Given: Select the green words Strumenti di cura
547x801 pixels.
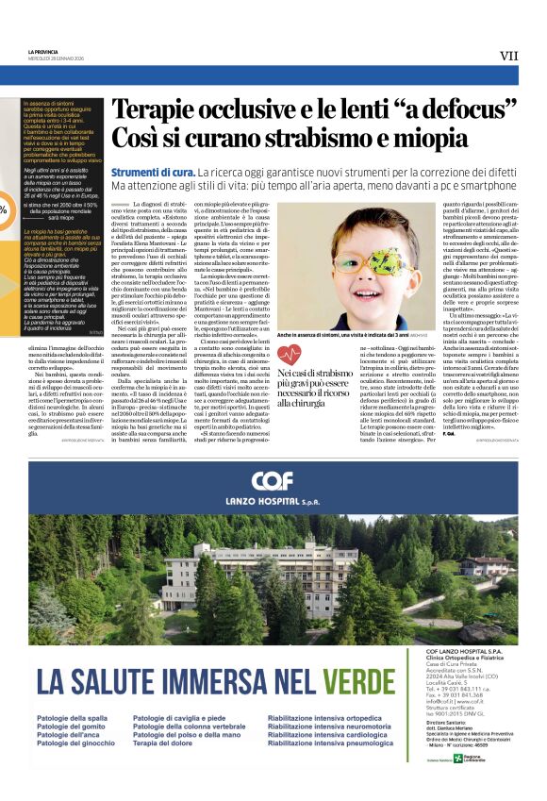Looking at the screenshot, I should [153, 173].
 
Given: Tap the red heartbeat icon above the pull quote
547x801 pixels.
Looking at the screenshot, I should [289, 355].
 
